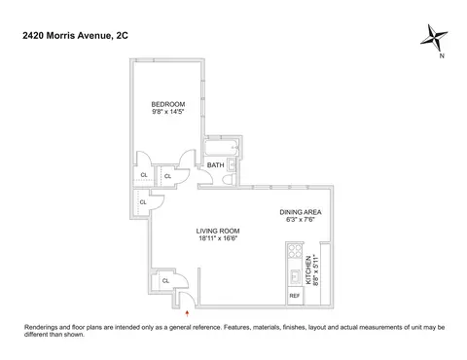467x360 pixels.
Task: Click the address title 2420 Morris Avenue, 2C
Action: point(75,35)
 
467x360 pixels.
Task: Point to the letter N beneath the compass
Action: point(442,55)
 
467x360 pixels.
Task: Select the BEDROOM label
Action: point(168,104)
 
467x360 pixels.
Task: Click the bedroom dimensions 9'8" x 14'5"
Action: point(168,112)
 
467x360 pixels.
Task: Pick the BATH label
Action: point(216,165)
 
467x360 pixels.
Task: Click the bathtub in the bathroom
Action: point(222,148)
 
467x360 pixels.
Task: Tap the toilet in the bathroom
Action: point(230,179)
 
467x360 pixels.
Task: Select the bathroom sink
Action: point(232,165)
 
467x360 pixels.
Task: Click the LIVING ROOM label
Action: point(218,231)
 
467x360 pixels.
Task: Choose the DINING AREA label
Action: point(301,212)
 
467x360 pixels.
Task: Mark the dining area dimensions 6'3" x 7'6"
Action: point(301,220)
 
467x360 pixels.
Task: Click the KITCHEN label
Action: point(308,270)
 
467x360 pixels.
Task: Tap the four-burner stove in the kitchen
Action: point(295,250)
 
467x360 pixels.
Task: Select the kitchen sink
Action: point(296,277)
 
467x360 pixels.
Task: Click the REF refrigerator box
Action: point(295,296)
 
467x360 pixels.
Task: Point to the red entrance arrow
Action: point(187,313)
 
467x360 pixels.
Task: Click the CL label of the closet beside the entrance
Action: point(165,281)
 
